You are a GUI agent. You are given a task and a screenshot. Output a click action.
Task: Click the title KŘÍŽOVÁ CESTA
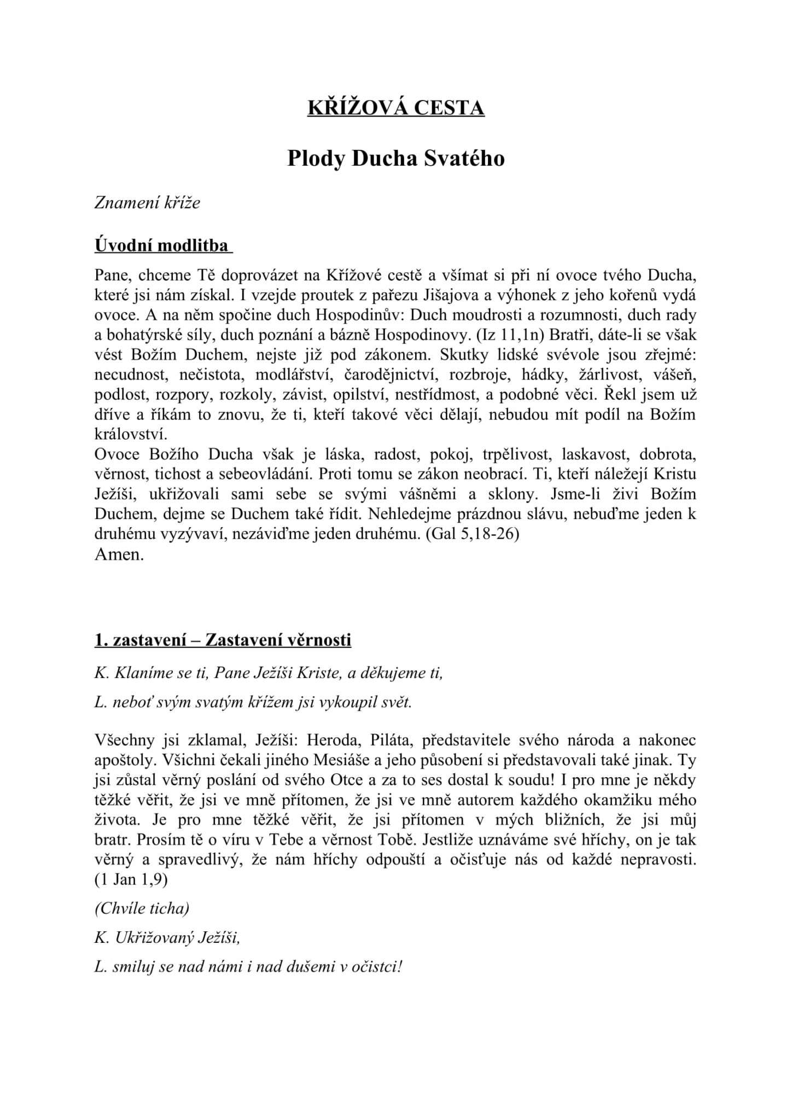tap(396, 108)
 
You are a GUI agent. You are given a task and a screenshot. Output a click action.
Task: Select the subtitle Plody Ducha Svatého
tap(396, 159)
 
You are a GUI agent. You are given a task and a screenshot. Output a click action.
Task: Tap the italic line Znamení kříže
tap(147, 203)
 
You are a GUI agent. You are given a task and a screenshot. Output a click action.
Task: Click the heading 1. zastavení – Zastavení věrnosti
tap(223, 639)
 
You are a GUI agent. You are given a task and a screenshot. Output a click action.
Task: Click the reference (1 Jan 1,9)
tap(131, 879)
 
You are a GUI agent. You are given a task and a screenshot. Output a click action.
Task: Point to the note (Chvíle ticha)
tap(142, 908)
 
